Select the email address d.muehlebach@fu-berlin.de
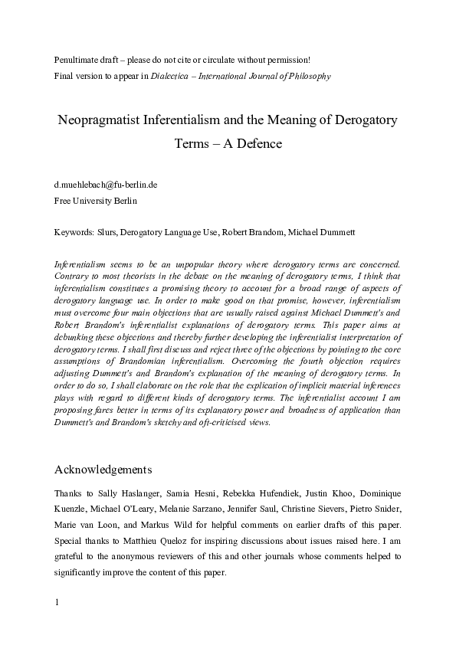pos(104,185)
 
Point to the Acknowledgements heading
pos(103,469)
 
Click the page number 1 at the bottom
pos(57,623)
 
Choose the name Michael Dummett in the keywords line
pos(321,231)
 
